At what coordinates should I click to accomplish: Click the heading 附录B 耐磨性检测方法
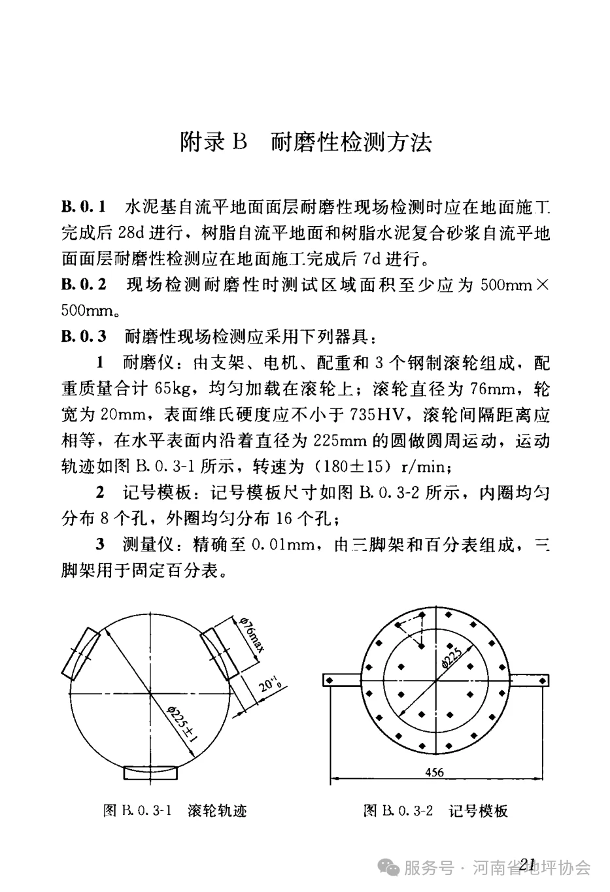[x=305, y=142]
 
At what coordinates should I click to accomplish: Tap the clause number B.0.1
[x=83, y=208]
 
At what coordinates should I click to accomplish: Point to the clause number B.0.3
[x=83, y=337]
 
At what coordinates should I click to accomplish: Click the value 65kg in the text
[x=173, y=389]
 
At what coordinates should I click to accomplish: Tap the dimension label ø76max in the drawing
[x=252, y=635]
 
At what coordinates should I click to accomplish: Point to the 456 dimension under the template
[x=434, y=772]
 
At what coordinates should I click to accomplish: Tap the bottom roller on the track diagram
[x=151, y=772]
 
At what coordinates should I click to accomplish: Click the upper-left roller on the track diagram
[x=80, y=652]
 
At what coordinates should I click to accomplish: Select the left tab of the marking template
[x=341, y=680]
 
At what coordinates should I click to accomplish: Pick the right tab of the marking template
[x=527, y=680]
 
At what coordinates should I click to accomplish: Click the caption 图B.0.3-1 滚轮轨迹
[x=175, y=811]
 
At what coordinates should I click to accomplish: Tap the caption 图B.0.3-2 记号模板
[x=435, y=811]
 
